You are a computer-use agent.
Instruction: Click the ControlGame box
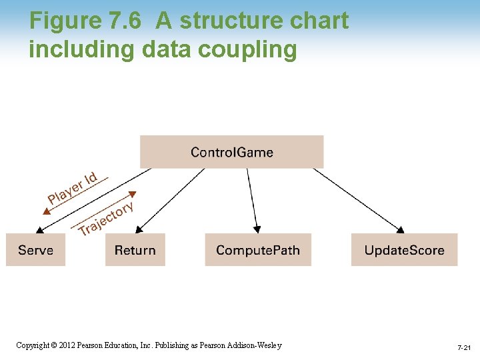[231, 152]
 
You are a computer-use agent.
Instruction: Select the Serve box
[35, 250]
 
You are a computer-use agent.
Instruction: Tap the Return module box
[135, 250]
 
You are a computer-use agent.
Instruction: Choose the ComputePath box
[258, 250]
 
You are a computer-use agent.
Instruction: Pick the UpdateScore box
[404, 250]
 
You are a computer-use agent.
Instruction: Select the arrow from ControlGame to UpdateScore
[358, 200]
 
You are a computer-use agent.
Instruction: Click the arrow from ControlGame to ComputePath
[251, 200]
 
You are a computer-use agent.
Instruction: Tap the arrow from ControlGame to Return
[171, 201]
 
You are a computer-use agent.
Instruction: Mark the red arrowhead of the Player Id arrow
[46, 211]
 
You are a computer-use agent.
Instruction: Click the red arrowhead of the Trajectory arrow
[132, 195]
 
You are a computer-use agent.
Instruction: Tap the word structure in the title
[225, 21]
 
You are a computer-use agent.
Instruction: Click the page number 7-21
[464, 348]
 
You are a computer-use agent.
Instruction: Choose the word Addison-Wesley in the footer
[257, 345]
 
